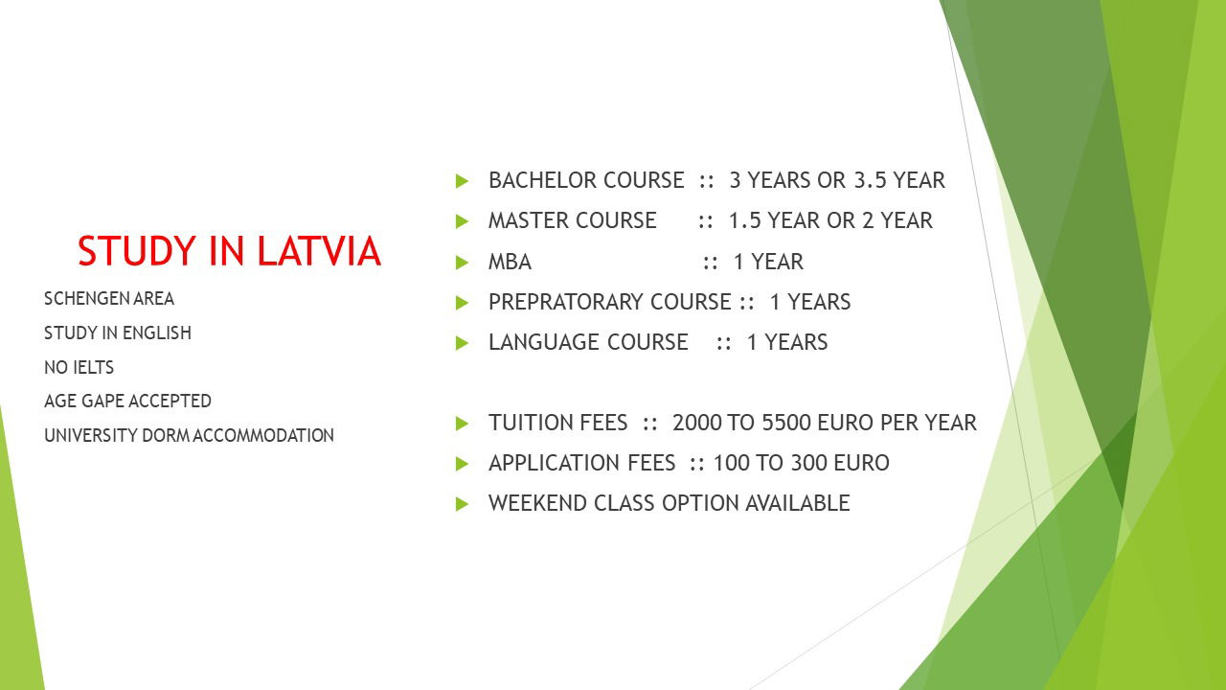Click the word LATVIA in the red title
(x=319, y=251)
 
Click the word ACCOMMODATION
(x=263, y=435)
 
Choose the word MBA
(x=510, y=262)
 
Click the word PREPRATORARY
(x=566, y=302)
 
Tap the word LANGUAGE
(x=544, y=342)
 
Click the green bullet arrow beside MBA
(x=462, y=263)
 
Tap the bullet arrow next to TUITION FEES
(x=462, y=424)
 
